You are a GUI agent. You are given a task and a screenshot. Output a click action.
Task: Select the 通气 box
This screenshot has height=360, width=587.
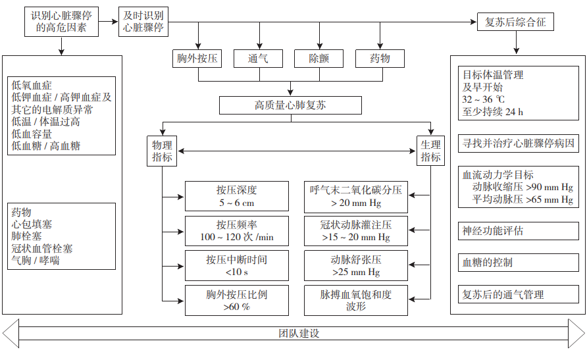point(258,59)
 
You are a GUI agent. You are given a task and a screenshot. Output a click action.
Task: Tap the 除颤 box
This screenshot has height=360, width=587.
point(319,59)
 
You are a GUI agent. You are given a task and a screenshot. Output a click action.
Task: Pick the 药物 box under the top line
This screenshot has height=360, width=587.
point(380,59)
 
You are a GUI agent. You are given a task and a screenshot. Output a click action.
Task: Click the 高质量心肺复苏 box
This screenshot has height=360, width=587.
point(290,105)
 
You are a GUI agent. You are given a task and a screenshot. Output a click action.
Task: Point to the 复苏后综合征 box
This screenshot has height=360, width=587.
point(515,22)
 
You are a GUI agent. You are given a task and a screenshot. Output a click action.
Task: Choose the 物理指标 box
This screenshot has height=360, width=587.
point(163,151)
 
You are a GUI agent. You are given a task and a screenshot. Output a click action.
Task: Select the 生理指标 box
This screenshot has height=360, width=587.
point(431,151)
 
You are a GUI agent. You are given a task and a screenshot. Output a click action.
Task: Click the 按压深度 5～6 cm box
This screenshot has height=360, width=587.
point(237,196)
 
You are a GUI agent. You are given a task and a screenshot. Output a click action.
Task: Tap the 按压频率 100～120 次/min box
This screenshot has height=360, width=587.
point(237,231)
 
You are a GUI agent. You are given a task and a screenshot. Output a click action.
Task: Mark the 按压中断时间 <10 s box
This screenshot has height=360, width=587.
point(237,265)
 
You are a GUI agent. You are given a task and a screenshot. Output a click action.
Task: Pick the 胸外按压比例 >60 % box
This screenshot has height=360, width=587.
point(237,300)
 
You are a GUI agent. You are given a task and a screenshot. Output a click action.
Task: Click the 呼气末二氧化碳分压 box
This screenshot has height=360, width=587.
point(356,196)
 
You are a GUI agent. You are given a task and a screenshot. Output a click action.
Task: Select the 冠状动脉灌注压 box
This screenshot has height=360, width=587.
point(356,231)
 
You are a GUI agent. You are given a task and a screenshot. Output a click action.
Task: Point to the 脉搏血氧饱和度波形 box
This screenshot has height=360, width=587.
point(356,300)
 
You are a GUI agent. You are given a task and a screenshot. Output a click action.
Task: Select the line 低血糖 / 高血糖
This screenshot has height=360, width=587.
point(46,146)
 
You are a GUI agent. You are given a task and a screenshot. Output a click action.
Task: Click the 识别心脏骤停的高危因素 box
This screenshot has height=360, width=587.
point(63,22)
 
